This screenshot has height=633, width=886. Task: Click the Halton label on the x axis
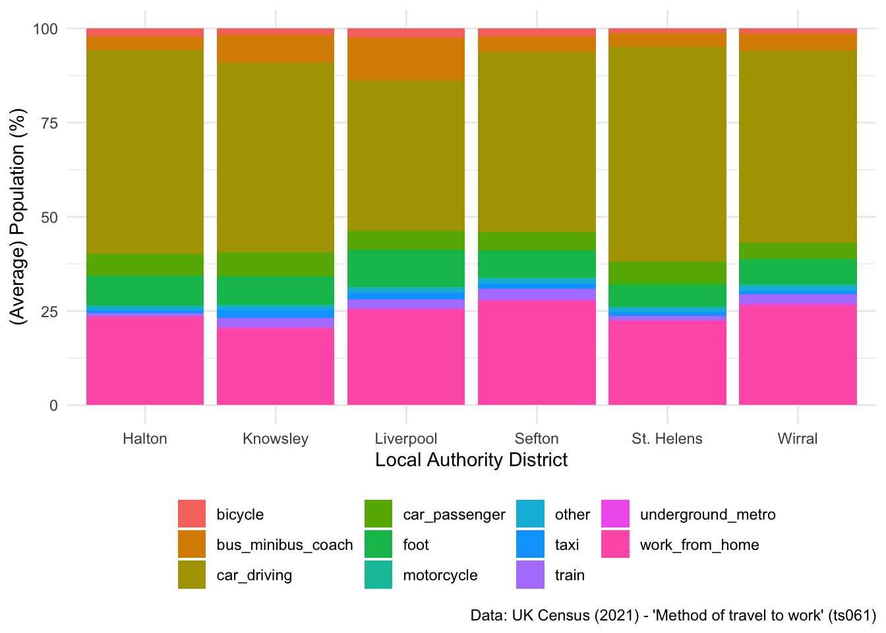pos(145,438)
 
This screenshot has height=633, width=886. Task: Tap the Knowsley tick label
pos(276,438)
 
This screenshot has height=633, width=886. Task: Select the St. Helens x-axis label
pos(666,438)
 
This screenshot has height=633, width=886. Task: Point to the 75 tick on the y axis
pos(49,123)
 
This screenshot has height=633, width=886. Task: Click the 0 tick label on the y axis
pos(53,406)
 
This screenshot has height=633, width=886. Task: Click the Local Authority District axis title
pos(471,460)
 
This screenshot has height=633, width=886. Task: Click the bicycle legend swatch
pos(192,514)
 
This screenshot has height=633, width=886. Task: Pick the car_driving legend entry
pos(254,575)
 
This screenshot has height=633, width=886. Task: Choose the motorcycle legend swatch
pos(378,575)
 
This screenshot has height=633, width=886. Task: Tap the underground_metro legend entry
pos(707,514)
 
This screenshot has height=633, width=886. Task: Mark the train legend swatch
pos(531,575)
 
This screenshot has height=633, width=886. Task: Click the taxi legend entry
pos(566,545)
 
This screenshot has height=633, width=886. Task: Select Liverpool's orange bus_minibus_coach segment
pos(406,59)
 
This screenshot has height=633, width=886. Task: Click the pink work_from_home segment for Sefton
pos(537,353)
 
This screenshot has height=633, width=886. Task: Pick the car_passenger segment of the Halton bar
pos(145,264)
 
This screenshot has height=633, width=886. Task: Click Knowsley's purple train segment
pos(276,323)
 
